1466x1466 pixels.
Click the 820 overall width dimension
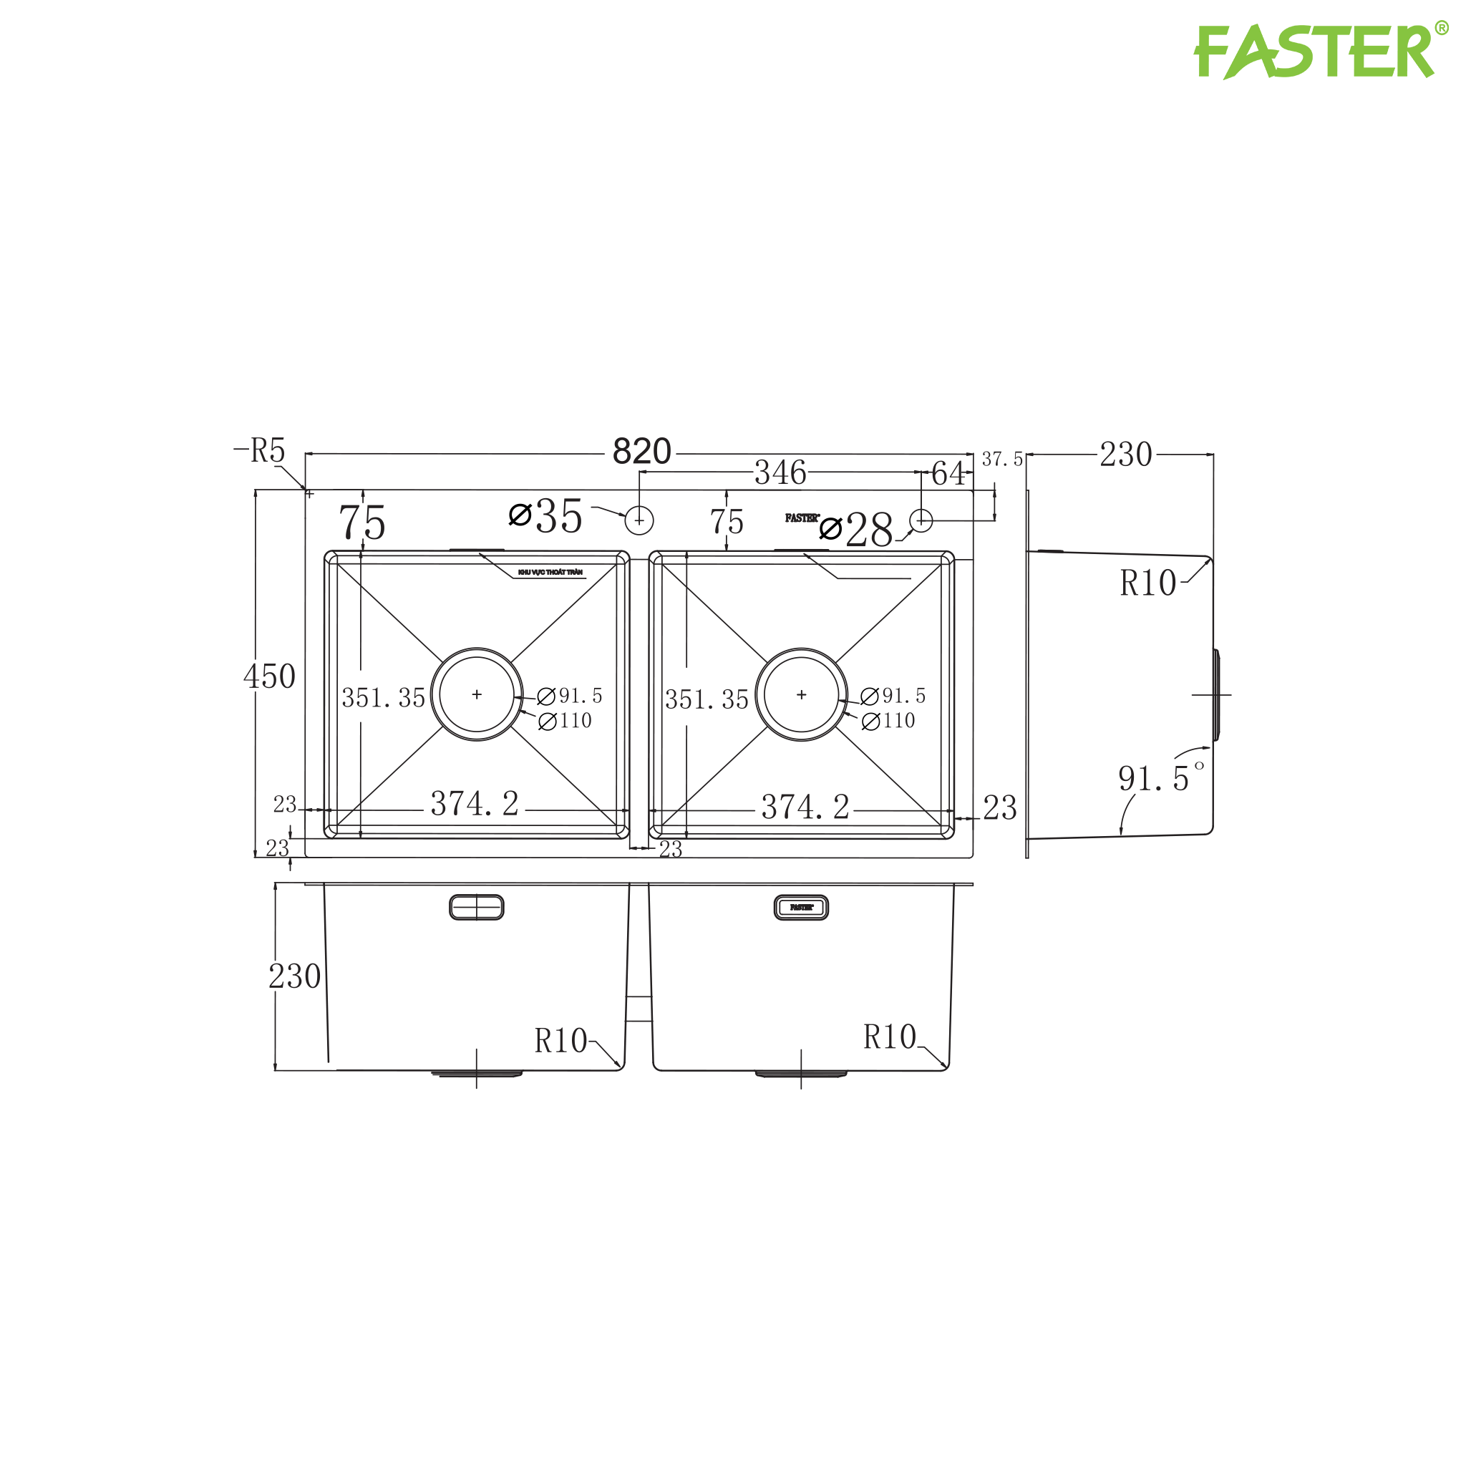click(641, 452)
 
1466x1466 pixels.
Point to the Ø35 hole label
click(546, 517)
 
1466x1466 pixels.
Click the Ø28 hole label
click(858, 529)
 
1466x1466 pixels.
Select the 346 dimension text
click(780, 473)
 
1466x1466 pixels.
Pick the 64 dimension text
click(948, 475)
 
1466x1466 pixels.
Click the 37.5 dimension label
click(1001, 460)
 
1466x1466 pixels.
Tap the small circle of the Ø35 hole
click(639, 520)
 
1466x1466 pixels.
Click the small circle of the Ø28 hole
click(921, 520)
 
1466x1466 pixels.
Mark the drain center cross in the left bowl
click(477, 694)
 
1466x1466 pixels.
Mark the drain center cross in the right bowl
click(801, 694)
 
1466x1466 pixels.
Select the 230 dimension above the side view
click(1126, 455)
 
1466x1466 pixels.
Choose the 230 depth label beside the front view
click(294, 976)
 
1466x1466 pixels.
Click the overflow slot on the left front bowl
click(477, 908)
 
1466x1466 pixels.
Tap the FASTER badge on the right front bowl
click(801, 908)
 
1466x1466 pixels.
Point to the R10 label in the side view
click(1147, 583)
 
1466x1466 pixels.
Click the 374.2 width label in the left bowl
click(475, 805)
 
